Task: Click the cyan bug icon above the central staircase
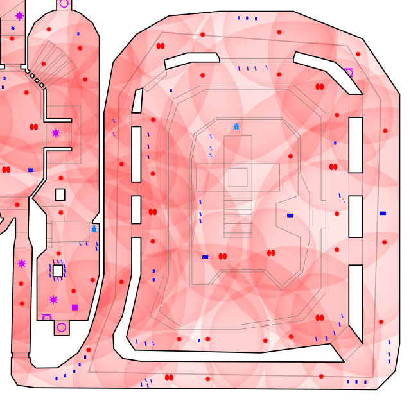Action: click(x=236, y=127)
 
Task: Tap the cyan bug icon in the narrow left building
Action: click(x=94, y=228)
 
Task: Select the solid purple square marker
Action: click(x=74, y=307)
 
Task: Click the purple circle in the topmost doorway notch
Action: click(x=64, y=3)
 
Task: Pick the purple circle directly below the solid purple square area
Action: click(x=62, y=327)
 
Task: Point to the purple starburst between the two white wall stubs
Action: click(x=56, y=133)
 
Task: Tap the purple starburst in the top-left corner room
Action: click(x=19, y=16)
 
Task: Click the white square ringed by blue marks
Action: click(x=58, y=271)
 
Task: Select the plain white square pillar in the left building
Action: click(x=60, y=194)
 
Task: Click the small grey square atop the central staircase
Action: click(x=238, y=177)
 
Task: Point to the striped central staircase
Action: click(x=238, y=215)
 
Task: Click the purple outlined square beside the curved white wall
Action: click(x=349, y=73)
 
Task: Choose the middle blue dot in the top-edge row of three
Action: click(x=247, y=18)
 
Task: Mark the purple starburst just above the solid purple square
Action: click(x=53, y=300)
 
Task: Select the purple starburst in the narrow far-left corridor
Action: click(x=22, y=264)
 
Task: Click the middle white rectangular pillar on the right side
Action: click(x=356, y=216)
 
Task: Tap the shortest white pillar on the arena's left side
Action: click(x=136, y=210)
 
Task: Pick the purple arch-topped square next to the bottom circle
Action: click(x=47, y=318)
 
